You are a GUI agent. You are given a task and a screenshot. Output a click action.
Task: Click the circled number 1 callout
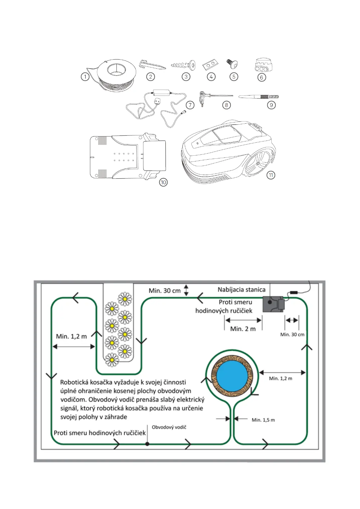click(x=85, y=77)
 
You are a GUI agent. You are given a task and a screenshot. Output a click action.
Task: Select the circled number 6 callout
click(x=262, y=77)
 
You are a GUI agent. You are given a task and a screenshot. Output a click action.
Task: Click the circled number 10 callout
click(x=163, y=182)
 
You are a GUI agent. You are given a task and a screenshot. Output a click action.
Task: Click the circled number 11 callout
click(x=271, y=175)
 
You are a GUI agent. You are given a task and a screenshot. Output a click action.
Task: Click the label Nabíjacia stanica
click(x=241, y=290)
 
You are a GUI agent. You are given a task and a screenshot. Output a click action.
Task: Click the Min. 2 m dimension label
click(x=243, y=329)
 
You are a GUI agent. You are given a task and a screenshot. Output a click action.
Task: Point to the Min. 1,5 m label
click(x=263, y=420)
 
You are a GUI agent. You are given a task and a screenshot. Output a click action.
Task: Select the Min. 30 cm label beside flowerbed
click(x=165, y=291)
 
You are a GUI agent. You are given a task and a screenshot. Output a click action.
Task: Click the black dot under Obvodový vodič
click(x=147, y=444)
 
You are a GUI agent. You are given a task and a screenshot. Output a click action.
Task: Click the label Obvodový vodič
click(x=169, y=427)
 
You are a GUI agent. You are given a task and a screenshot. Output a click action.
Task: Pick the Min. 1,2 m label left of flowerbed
click(x=71, y=336)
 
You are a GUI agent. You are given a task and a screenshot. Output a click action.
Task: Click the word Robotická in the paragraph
click(x=78, y=382)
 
